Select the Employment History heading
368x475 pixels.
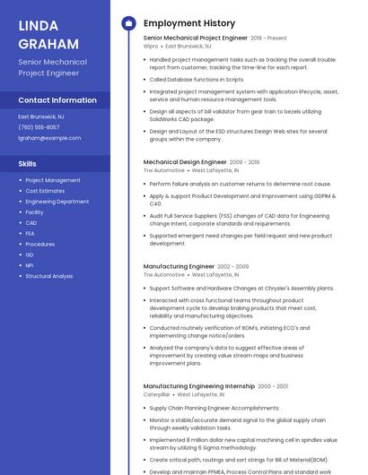[x=188, y=23]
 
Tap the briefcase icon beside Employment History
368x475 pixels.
[x=127, y=23]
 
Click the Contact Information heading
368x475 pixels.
[x=57, y=100]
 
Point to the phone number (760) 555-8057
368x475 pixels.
[x=39, y=127]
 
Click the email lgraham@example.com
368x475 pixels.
[x=49, y=138]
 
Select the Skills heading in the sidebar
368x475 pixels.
[x=28, y=164]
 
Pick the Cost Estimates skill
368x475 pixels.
[x=45, y=191]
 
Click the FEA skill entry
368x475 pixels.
[x=31, y=233]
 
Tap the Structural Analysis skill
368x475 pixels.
[x=48, y=276]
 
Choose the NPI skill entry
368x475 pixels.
[x=30, y=265]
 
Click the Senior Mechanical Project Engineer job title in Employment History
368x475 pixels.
[x=195, y=39]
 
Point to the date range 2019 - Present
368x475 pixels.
[x=268, y=39]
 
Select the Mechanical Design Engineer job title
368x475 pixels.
[x=184, y=162]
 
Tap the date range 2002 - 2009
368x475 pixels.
[x=232, y=266]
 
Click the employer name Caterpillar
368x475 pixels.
[x=156, y=394]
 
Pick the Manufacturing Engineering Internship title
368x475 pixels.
[x=198, y=386]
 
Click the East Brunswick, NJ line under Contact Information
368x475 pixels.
[x=42, y=117]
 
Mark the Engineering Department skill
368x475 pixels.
[x=57, y=202]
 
